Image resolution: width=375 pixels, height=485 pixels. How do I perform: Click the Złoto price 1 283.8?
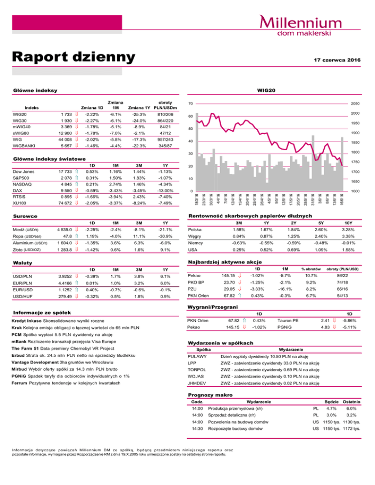63,249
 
